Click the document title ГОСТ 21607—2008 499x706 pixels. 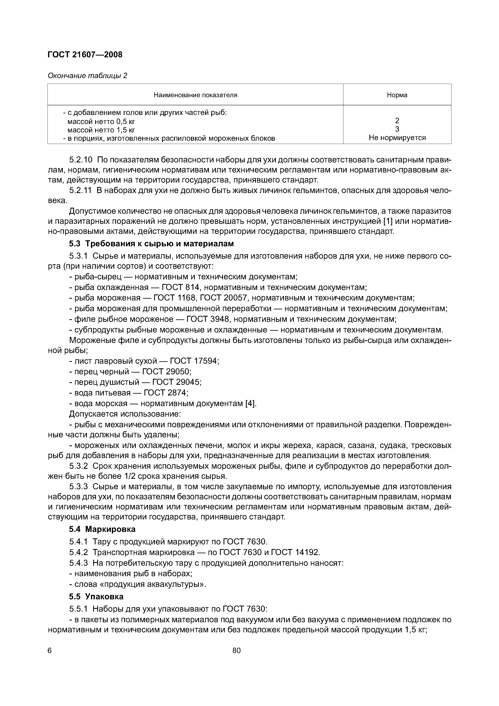pyautogui.click(x=85, y=55)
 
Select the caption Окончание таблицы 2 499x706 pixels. pyautogui.click(x=87, y=76)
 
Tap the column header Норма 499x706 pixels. pyautogui.click(x=397, y=95)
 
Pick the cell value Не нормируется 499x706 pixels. pyautogui.click(x=397, y=138)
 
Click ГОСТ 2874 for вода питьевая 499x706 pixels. pyautogui.click(x=165, y=393)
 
